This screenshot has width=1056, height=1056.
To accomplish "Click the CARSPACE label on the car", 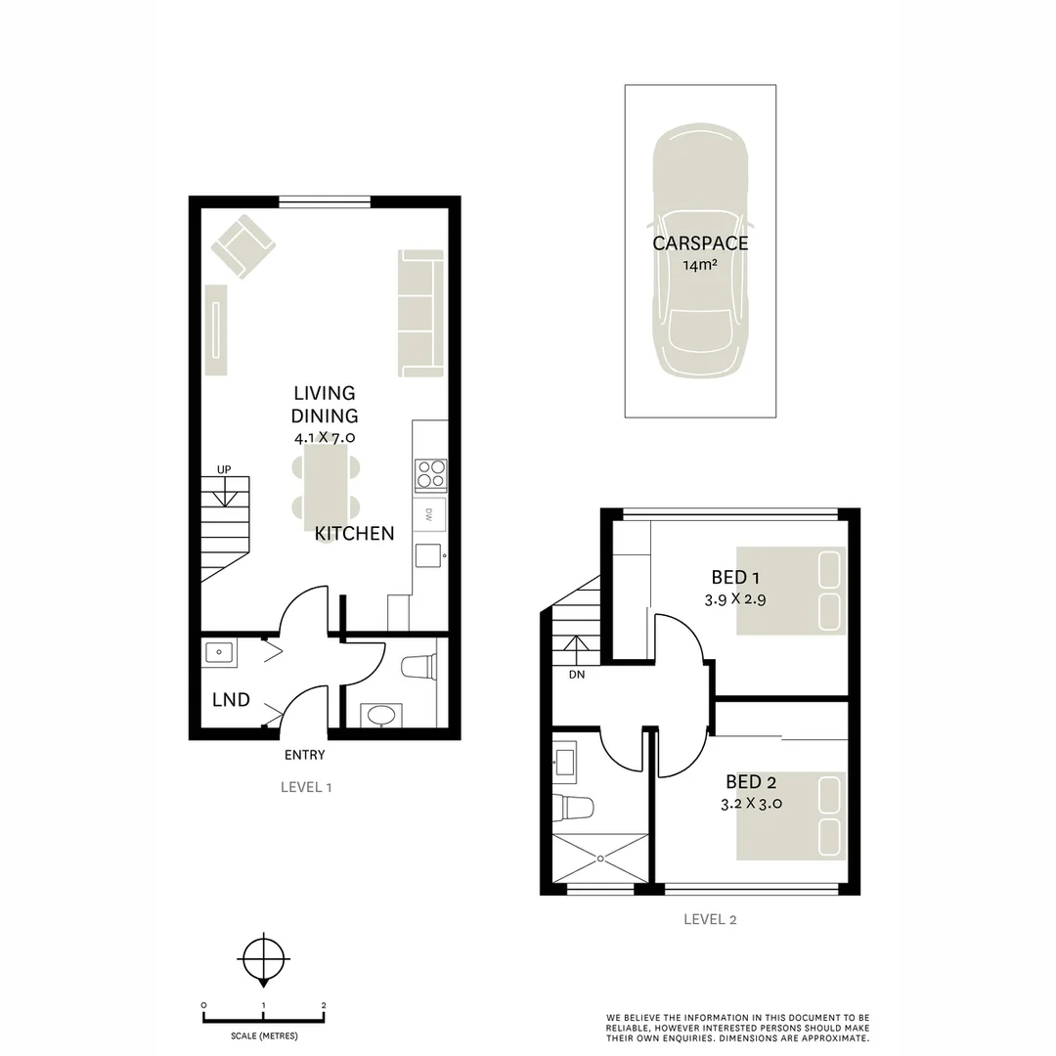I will pyautogui.click(x=700, y=243).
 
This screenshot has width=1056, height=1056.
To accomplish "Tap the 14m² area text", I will pyautogui.click(x=700, y=265).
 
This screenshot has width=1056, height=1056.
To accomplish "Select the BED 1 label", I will pyautogui.click(x=734, y=577).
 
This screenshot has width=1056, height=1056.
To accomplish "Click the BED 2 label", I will pyautogui.click(x=751, y=782).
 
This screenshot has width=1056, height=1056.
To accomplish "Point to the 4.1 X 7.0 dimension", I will pyautogui.click(x=324, y=438).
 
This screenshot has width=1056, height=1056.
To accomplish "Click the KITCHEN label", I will pyautogui.click(x=354, y=534).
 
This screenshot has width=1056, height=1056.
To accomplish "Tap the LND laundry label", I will pyautogui.click(x=231, y=700).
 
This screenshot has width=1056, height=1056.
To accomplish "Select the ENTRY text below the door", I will pyautogui.click(x=304, y=755).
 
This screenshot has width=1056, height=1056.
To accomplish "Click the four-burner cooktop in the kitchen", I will pyautogui.click(x=430, y=473).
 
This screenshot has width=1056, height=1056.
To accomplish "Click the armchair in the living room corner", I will pyautogui.click(x=242, y=245).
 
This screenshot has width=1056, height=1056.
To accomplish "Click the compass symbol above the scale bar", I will pyautogui.click(x=263, y=960).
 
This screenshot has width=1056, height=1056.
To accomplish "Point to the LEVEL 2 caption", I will pyautogui.click(x=709, y=919).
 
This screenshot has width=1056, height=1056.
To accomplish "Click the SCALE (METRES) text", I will pyautogui.click(x=264, y=1035).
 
